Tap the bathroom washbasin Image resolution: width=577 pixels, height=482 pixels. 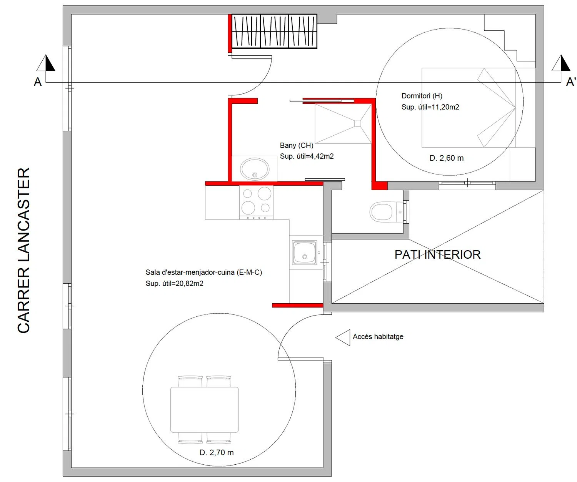click(255, 169)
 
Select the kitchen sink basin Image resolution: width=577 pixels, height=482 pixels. click(304, 253)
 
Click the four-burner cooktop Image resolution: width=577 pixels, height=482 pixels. click(256, 203)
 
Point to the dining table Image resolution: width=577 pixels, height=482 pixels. click(204, 410)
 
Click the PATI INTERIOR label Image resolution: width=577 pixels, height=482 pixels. click(437, 255)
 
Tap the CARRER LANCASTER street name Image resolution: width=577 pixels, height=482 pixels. click(23, 250)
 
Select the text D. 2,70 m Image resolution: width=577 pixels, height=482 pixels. click(216, 452)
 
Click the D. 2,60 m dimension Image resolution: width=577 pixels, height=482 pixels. click(447, 158)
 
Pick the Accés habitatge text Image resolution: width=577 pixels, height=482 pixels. click(378, 336)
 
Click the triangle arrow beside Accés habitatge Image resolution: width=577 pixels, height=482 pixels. click(343, 337)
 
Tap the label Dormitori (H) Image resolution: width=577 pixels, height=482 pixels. click(422, 96)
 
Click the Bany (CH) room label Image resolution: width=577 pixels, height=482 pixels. click(297, 145)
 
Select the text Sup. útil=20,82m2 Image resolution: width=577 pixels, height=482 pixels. click(174, 283)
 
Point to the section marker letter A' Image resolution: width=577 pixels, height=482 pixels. click(571, 82)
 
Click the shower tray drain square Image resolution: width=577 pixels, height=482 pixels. click(357, 123)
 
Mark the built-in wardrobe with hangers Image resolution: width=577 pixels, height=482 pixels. click(274, 31)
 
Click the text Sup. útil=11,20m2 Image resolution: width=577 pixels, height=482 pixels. click(430, 107)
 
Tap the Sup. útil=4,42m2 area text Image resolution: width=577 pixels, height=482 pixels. click(307, 156)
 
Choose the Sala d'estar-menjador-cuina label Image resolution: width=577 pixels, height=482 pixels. click(203, 273)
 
